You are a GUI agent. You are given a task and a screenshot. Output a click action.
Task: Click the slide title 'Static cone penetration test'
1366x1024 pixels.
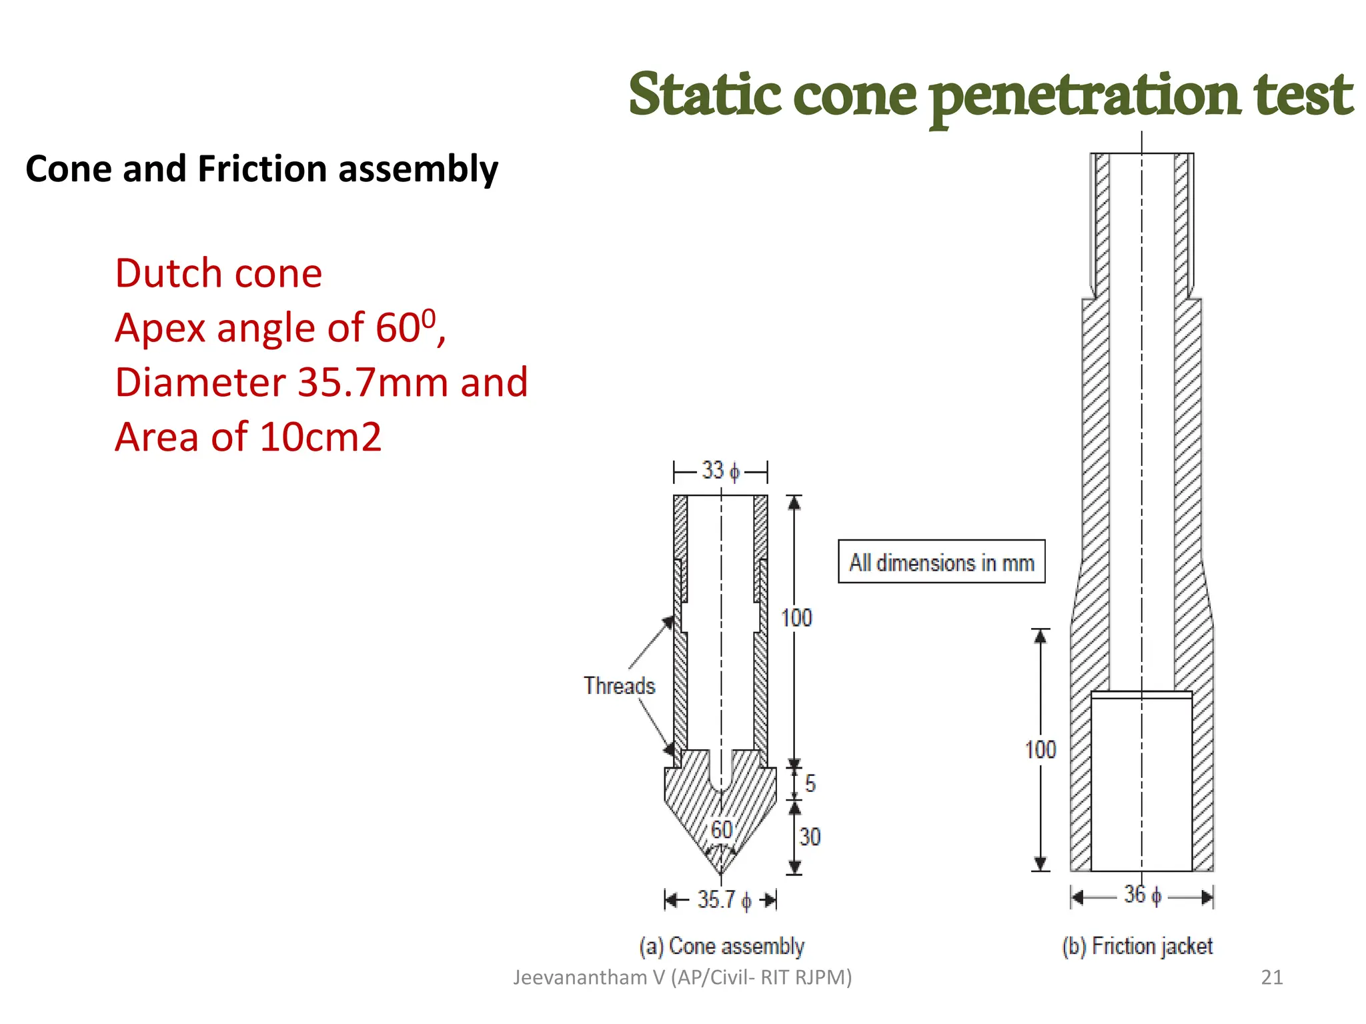coord(990,95)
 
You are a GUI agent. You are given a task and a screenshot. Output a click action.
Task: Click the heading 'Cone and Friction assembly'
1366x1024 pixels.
coord(261,169)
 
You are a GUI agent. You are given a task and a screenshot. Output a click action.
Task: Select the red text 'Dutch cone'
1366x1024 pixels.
coord(218,273)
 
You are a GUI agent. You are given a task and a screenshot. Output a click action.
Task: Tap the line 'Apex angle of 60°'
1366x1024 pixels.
coord(279,327)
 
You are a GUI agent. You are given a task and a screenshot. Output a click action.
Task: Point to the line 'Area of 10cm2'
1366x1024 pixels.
coord(247,437)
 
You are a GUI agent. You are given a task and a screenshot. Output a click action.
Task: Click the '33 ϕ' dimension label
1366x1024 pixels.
coord(720,471)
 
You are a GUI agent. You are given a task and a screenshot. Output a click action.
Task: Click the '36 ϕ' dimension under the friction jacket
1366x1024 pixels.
coord(1142,895)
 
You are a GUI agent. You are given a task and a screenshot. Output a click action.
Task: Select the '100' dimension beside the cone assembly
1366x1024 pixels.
coord(796,618)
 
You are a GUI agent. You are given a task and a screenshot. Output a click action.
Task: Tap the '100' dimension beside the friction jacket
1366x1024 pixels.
coord(1041,750)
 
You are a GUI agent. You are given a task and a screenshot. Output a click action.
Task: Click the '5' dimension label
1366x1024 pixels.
coord(810,783)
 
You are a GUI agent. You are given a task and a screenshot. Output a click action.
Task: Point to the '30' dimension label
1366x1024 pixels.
coord(810,837)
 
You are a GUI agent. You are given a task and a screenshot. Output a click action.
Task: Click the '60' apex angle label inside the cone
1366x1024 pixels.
coord(721,830)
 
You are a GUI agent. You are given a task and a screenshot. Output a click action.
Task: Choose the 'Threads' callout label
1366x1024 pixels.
coord(619,686)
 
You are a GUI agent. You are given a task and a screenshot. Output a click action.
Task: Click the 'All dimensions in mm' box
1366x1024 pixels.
coord(941,562)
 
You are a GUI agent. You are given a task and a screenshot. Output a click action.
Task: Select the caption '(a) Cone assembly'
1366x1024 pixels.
coord(722,946)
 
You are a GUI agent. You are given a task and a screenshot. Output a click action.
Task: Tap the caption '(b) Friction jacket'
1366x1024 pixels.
coord(1137,946)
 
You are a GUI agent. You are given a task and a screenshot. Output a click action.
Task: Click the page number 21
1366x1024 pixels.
coord(1272,977)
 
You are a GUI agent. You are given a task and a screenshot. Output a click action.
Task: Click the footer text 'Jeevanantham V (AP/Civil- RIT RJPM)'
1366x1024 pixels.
coord(682,977)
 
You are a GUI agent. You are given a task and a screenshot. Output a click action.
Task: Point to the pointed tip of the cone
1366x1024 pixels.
coord(721,873)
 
